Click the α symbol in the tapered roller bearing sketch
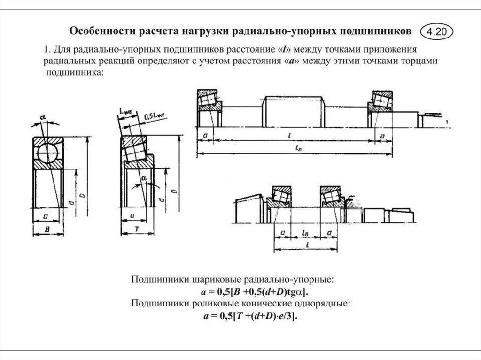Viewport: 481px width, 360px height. coord(144,178)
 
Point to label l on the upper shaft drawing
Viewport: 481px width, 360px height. coord(292,135)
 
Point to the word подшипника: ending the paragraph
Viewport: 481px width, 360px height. coord(73,74)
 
